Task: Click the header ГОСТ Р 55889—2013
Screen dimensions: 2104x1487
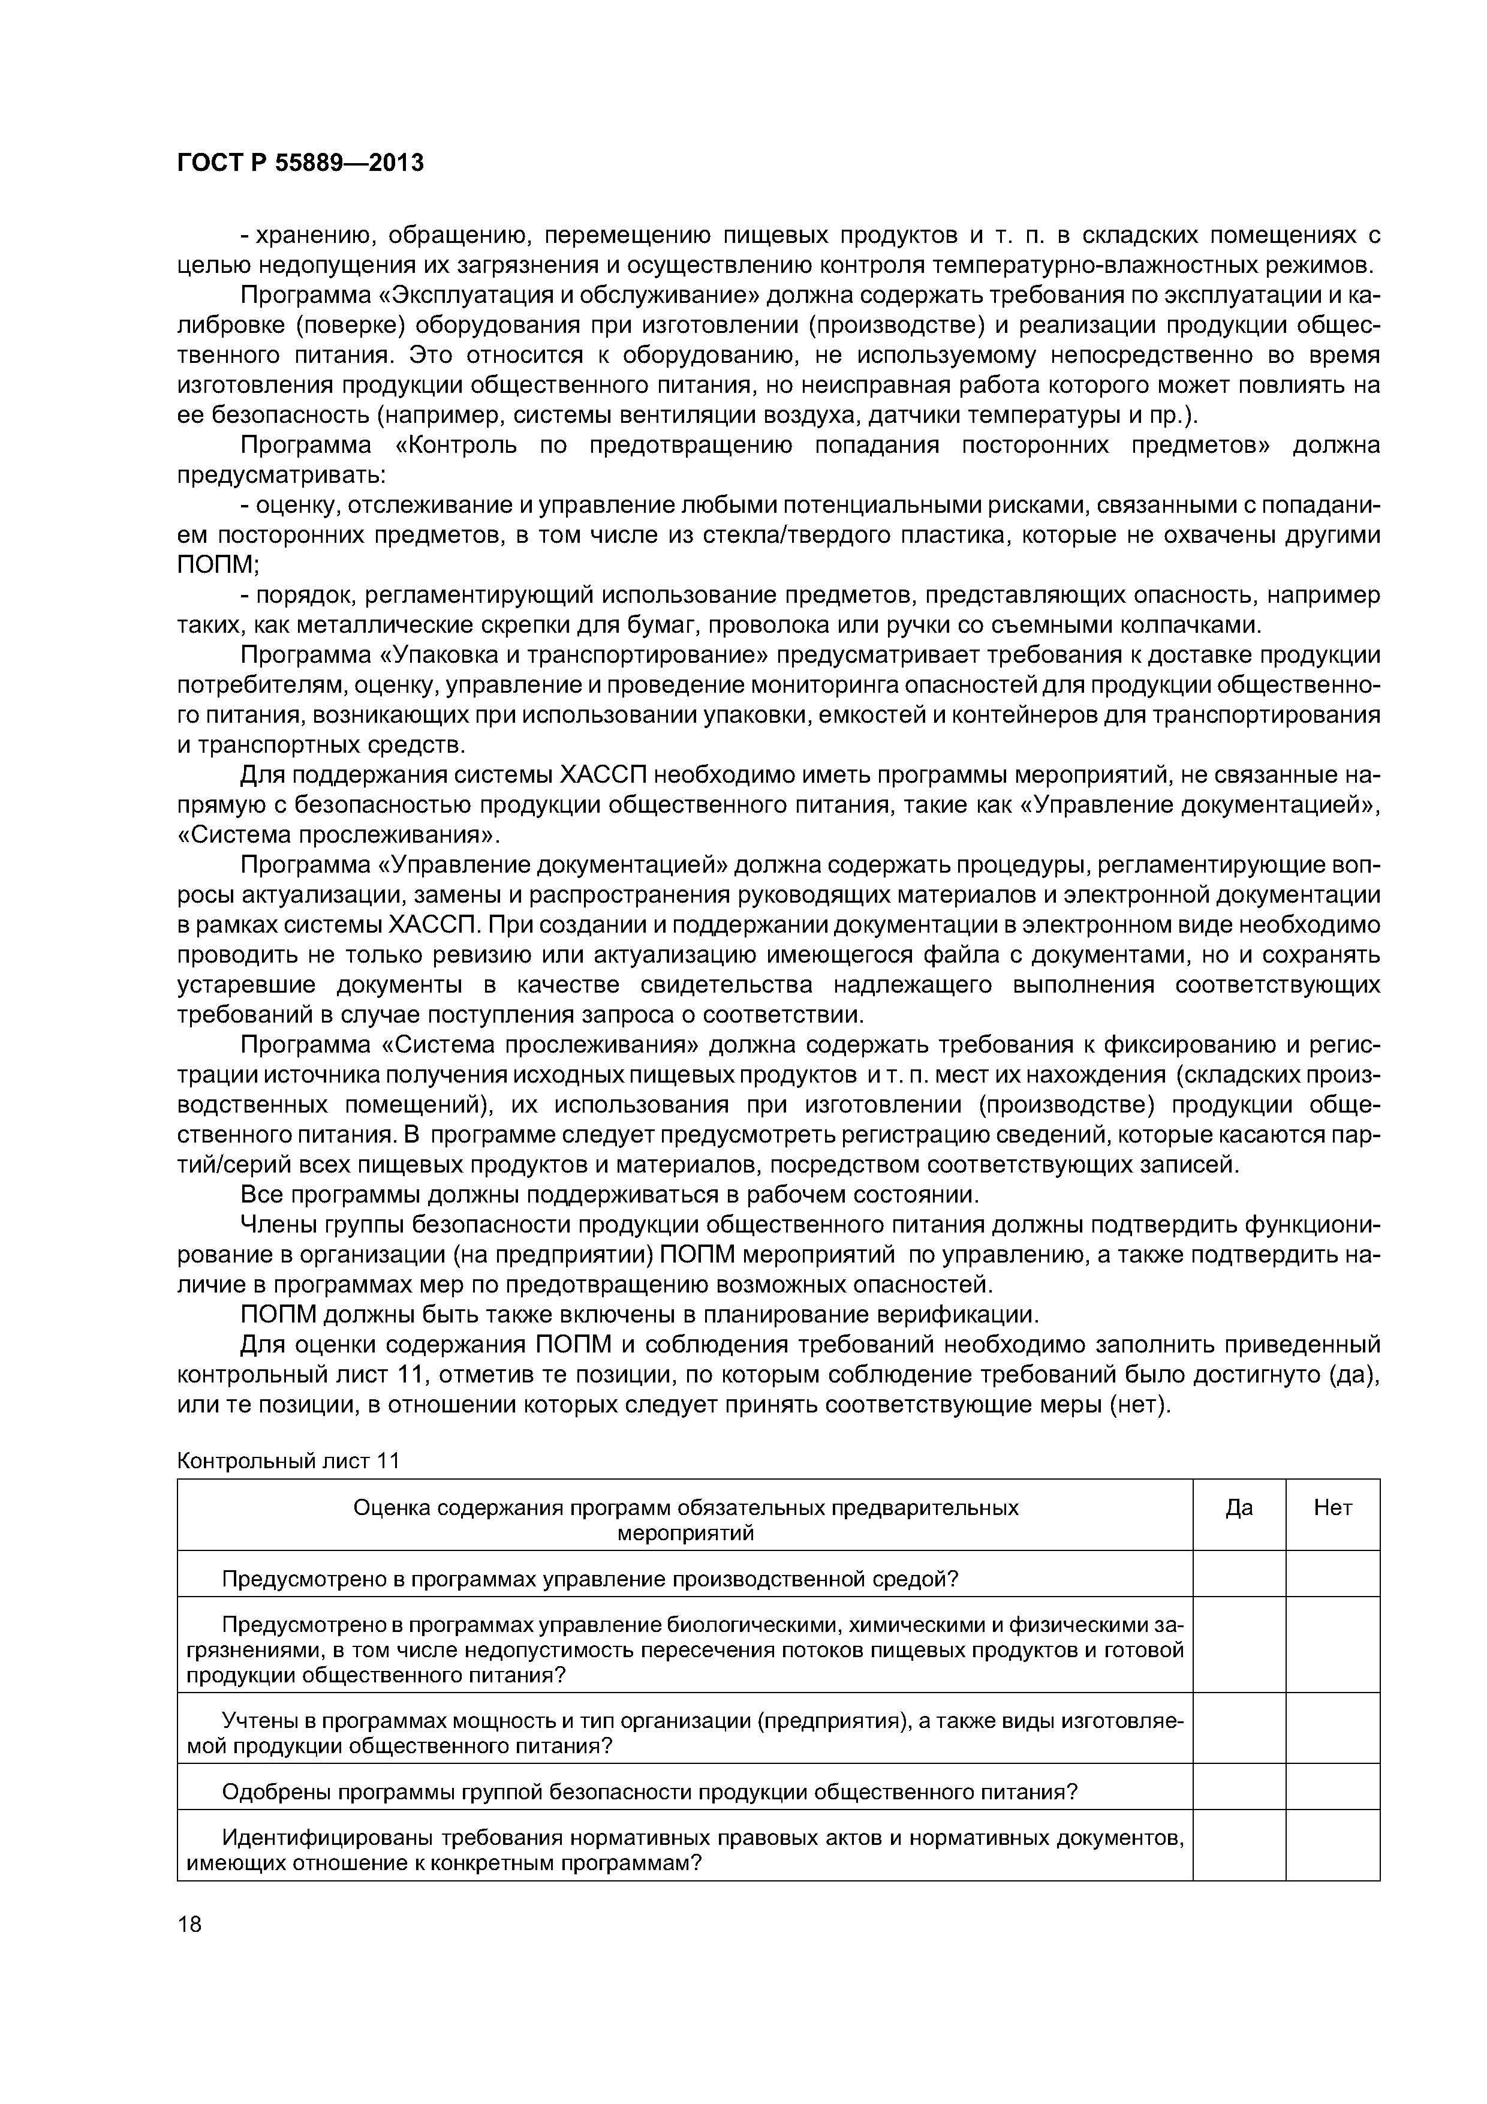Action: point(300,163)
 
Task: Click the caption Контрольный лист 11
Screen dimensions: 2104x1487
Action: point(288,1460)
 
